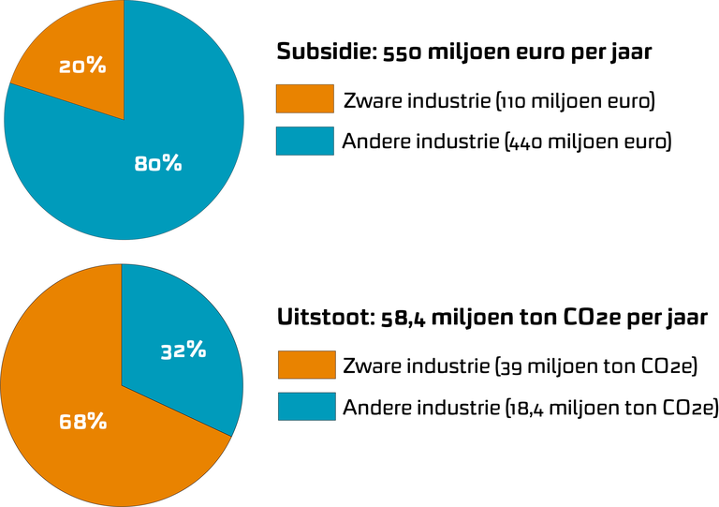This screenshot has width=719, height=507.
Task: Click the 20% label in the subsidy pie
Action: point(82,67)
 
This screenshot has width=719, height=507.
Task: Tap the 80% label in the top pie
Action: point(157,163)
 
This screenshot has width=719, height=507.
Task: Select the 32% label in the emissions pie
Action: point(182,350)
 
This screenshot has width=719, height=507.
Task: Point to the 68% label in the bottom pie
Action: point(82,422)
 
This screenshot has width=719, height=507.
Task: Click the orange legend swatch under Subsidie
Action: point(304,99)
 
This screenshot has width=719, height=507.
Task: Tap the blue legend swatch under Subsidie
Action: point(304,142)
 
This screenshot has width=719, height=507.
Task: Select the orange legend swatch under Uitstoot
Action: point(306,365)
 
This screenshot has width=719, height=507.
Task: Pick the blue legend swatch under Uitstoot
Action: point(306,407)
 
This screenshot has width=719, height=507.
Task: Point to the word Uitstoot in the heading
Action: point(324,317)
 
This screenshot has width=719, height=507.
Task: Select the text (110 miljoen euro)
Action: point(575,100)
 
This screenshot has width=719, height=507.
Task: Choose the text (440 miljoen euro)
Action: point(587,142)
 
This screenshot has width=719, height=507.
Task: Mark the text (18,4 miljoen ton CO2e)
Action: point(610,408)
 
